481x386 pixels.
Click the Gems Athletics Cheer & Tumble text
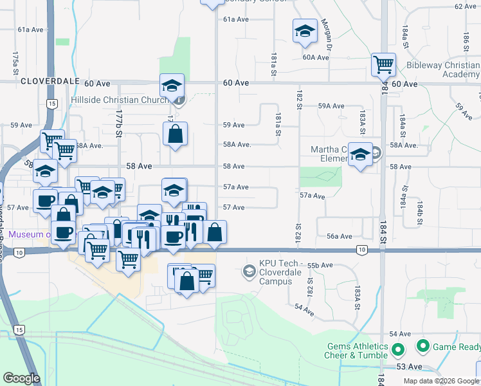coord(349,351)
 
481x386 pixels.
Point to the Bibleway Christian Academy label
coord(443,69)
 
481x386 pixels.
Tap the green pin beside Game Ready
coord(422,347)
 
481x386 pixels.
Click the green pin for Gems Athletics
coord(397,351)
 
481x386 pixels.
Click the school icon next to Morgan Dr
coord(305,30)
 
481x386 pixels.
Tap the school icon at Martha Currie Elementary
coord(361,154)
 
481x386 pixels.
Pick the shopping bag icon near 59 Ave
coord(175,134)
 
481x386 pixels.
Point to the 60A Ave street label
coord(316,57)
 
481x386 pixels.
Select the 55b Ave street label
coord(320,265)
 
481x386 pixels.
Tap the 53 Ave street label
coord(409,367)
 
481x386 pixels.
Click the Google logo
coord(22,378)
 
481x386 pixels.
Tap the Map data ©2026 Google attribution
coord(440,381)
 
